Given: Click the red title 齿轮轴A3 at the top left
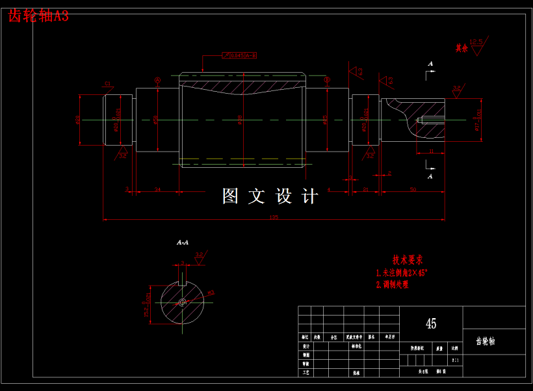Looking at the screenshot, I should coord(38,16).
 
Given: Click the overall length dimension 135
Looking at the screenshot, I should coord(274,217).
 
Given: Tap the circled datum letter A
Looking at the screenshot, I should coord(157,80).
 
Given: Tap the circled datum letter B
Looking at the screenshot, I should coord(327,80).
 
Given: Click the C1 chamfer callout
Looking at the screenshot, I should coord(108,83).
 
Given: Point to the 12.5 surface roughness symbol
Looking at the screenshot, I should coord(476,42).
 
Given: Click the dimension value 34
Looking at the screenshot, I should coord(157,189).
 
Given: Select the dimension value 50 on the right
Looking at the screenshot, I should coord(413,189).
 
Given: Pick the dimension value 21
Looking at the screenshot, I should coord(366,189).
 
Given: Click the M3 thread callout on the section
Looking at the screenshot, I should coord(211,293).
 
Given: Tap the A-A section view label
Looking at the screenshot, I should coord(183,242).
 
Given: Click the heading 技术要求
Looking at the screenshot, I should coord(408,260).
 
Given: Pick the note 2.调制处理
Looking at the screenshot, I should coord(393,284).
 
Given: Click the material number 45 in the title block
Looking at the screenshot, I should coord(430,323).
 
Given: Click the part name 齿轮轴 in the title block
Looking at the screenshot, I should coord(485,341).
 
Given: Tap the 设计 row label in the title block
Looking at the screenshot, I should coord(305,347).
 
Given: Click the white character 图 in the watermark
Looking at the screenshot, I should coord(231,196).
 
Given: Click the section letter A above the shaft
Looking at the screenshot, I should coord(430,64).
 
